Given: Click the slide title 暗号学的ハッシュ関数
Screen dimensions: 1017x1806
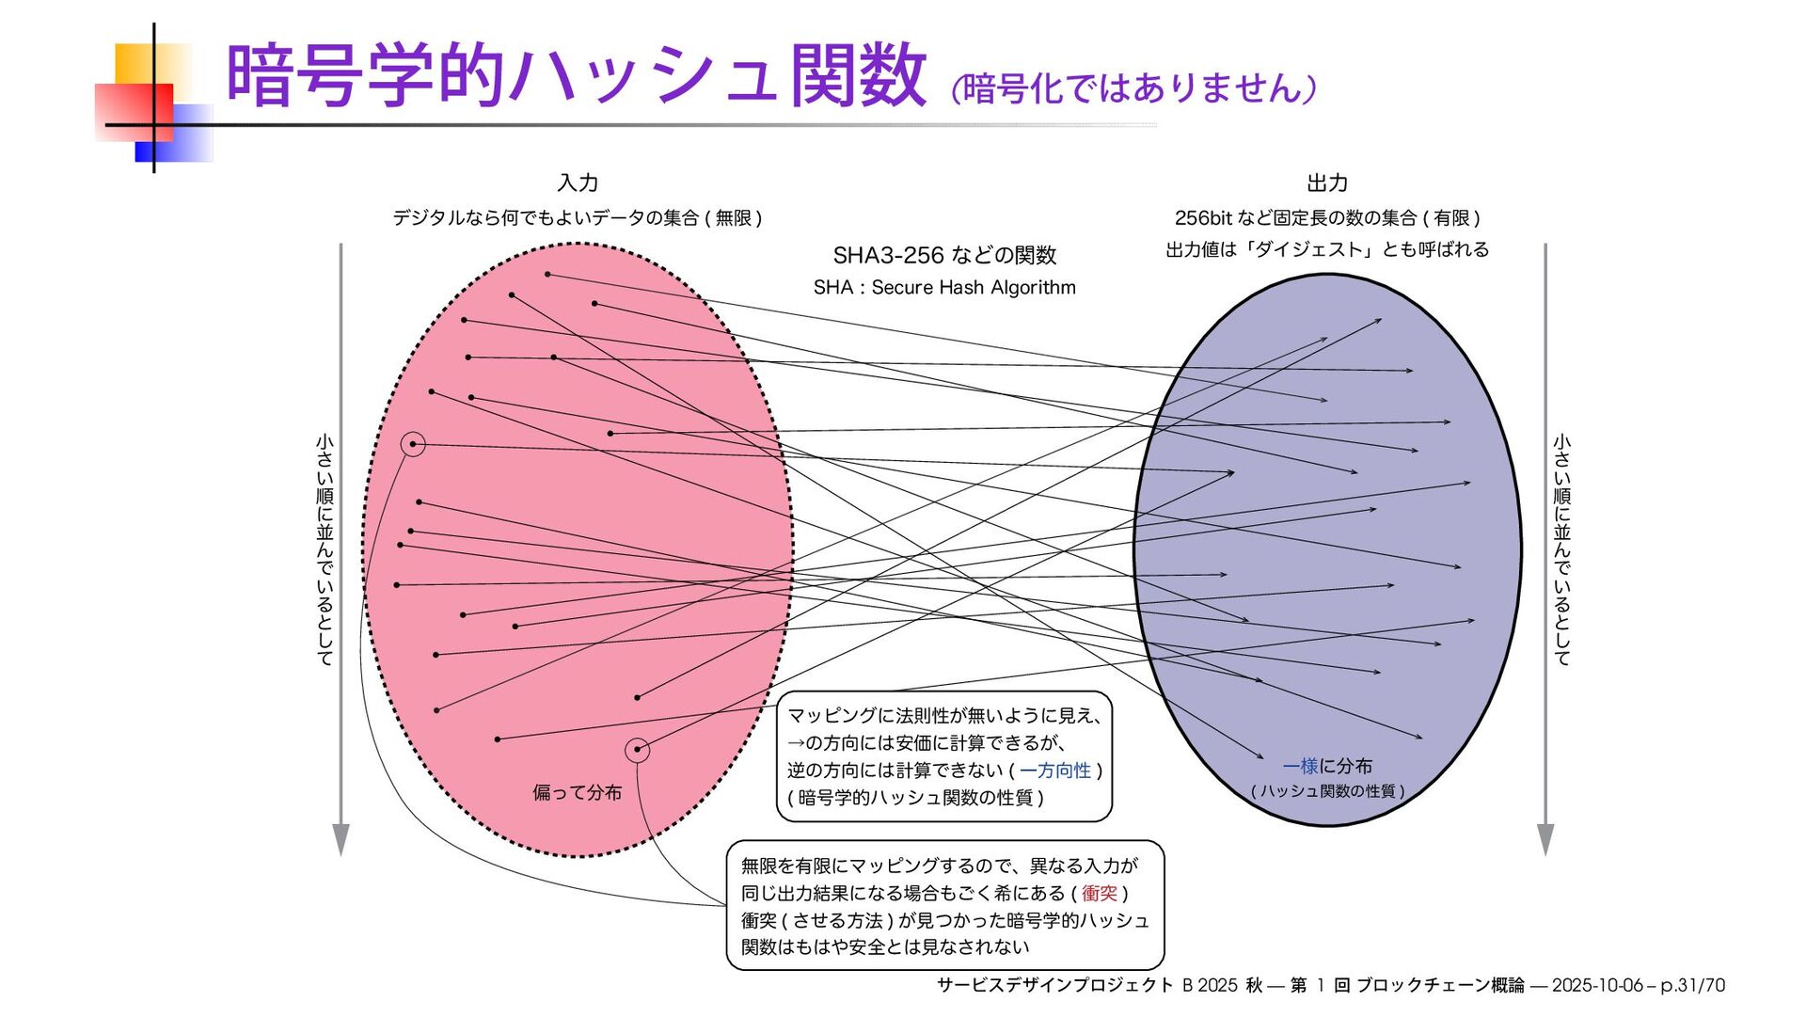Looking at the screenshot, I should (576, 75).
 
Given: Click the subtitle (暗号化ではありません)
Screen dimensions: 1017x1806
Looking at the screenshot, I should (1133, 88).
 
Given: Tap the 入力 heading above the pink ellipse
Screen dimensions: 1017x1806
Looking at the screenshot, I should (578, 183).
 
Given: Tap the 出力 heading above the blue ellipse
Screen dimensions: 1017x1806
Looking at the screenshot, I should (1327, 183).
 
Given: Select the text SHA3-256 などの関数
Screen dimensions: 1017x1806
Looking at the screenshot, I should (944, 255).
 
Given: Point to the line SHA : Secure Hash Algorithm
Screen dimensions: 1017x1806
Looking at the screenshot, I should (944, 288).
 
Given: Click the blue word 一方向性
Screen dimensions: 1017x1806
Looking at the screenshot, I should (1055, 771).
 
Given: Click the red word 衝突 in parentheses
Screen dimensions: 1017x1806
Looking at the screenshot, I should (1099, 893).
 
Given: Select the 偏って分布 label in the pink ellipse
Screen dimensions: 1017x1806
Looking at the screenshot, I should (577, 792).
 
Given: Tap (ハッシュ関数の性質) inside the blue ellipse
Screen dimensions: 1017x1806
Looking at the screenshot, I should (1327, 791).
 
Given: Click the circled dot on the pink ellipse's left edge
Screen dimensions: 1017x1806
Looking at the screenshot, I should (413, 444).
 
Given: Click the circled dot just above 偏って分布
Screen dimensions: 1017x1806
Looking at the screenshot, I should (637, 750).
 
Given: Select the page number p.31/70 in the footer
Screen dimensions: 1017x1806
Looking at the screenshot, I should (1692, 985).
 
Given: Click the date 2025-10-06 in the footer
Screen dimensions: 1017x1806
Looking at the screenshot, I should (1596, 985).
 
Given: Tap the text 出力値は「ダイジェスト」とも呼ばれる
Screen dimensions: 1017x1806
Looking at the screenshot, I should (1327, 249).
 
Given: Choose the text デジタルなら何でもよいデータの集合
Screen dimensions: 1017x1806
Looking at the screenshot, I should (546, 218).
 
